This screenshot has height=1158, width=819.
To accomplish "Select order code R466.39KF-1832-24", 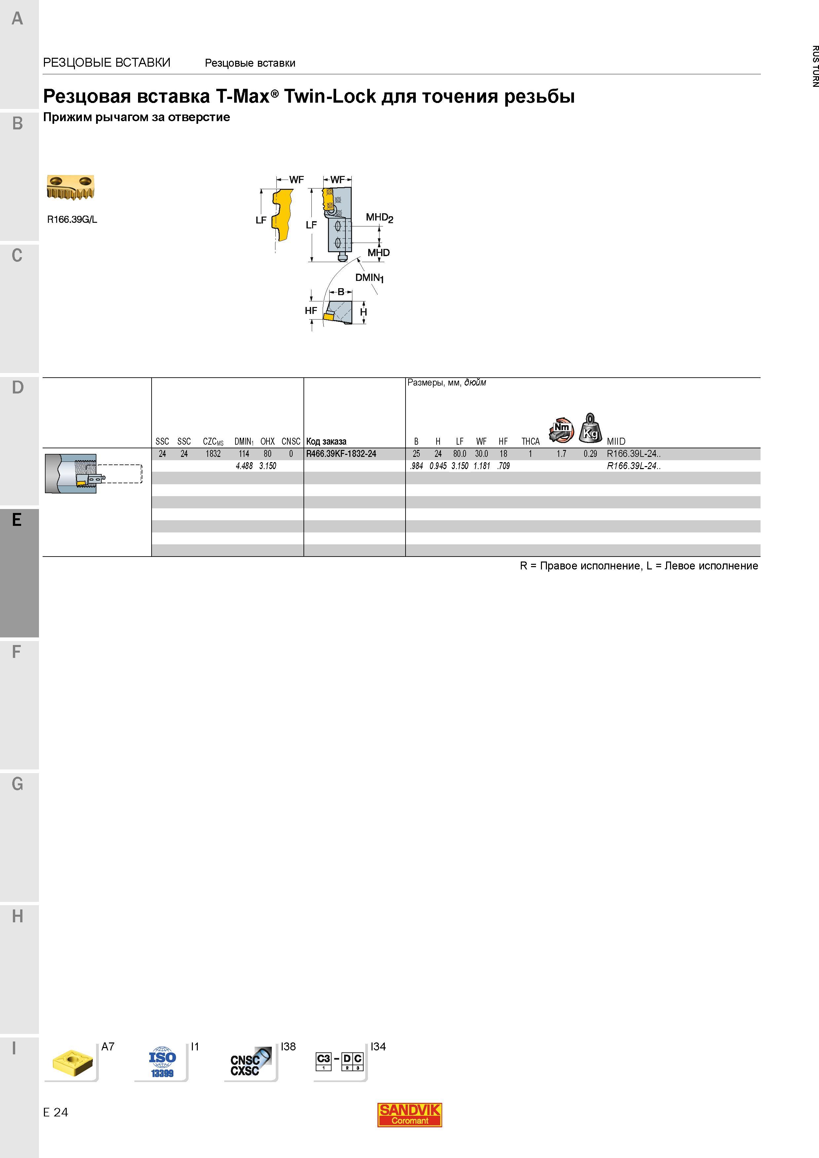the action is pyautogui.click(x=341, y=454).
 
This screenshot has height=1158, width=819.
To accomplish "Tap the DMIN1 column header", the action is pyautogui.click(x=244, y=441).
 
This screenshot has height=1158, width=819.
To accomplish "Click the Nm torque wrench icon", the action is pyautogui.click(x=561, y=430).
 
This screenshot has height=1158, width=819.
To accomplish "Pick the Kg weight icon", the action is pyautogui.click(x=590, y=428).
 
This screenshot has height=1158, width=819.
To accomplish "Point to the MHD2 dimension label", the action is pyautogui.click(x=379, y=218).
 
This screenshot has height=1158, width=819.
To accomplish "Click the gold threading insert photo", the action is pyautogui.click(x=71, y=187).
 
